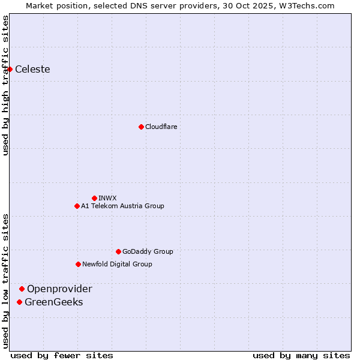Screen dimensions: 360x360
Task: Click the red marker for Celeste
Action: pyautogui.click(x=10, y=69)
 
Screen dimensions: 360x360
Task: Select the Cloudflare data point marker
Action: pyautogui.click(x=141, y=127)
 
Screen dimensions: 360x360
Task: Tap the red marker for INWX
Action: pyautogui.click(x=94, y=198)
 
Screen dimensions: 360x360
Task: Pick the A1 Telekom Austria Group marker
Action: pyautogui.click(x=77, y=206)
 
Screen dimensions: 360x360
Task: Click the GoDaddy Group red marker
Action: pyautogui.click(x=118, y=251)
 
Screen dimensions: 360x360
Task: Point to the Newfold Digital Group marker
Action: pyautogui.click(x=78, y=264)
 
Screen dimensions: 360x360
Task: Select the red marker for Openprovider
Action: pyautogui.click(x=22, y=289)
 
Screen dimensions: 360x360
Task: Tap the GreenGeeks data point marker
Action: pyautogui.click(x=20, y=302)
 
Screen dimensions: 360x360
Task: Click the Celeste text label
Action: pyautogui.click(x=32, y=69)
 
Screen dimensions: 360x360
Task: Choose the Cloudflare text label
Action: pyautogui.click(x=161, y=127)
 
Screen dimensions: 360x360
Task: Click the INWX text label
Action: pyautogui.click(x=107, y=198)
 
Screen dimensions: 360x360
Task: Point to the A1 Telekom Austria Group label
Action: pyautogui.click(x=122, y=206)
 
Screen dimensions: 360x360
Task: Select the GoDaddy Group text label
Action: pyautogui.click(x=148, y=251)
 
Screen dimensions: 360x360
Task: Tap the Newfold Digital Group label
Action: pyautogui.click(x=117, y=264)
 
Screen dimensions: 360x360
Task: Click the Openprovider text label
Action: pyautogui.click(x=59, y=289)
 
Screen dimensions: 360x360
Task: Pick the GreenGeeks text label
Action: pyautogui.click(x=53, y=302)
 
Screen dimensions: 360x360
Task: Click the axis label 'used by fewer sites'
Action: pyautogui.click(x=62, y=355)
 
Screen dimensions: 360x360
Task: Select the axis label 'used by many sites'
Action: pyautogui.click(x=301, y=355)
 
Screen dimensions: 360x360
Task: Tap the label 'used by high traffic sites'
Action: pyautogui.click(x=5, y=85)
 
